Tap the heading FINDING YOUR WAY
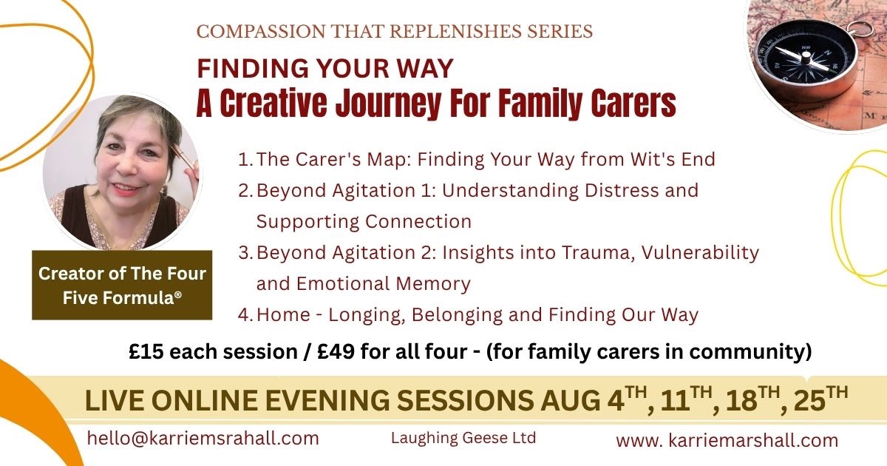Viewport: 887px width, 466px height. [x=325, y=68]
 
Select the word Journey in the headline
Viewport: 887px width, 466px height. [x=387, y=103]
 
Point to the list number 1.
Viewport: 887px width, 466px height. [x=244, y=159]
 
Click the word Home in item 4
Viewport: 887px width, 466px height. [x=283, y=314]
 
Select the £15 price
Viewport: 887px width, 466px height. [x=146, y=351]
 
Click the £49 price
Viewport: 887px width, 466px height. [x=336, y=351]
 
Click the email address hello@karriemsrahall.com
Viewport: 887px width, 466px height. [x=203, y=438]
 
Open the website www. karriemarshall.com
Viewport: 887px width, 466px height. [x=727, y=441]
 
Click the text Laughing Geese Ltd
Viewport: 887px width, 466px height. [x=463, y=438]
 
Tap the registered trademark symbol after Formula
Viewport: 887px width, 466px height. [x=178, y=295]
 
